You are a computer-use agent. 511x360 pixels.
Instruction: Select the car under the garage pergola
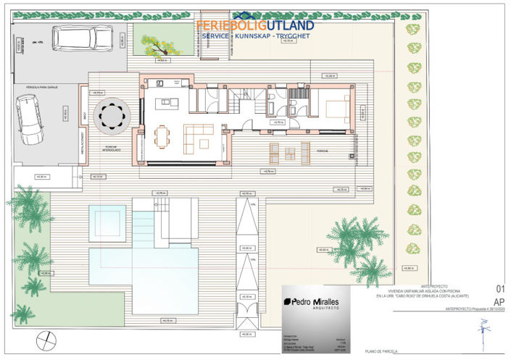click(30, 121)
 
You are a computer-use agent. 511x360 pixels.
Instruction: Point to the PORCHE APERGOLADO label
click(110, 151)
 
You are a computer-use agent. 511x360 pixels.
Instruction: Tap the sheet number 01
click(499, 288)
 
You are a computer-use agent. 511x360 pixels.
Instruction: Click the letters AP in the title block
click(499, 301)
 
